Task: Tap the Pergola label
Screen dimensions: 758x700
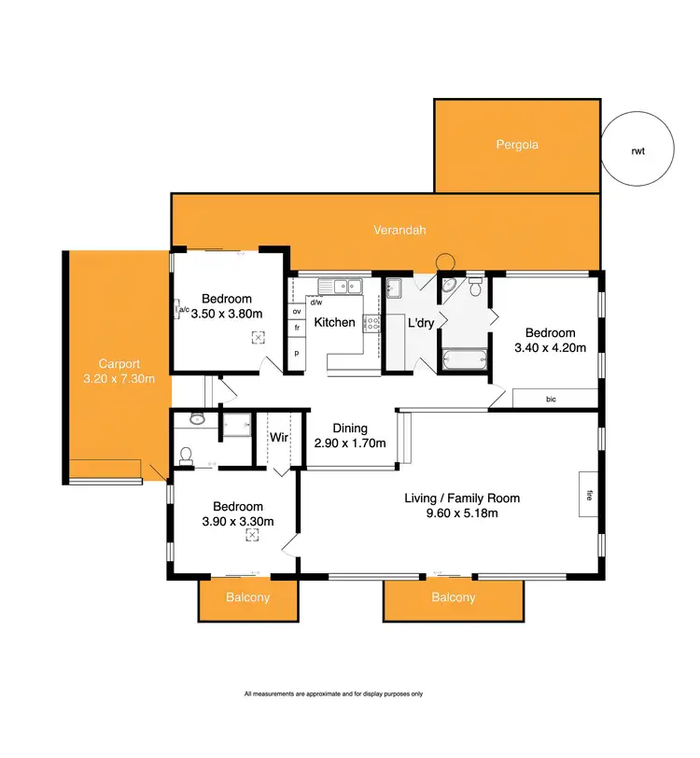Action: click(517, 145)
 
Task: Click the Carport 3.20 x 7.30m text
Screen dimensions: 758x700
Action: click(119, 372)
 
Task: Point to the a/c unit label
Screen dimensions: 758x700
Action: click(183, 310)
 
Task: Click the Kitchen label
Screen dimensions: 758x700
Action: click(334, 323)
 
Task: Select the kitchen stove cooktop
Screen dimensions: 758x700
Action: click(372, 324)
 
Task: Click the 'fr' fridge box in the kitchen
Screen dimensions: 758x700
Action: click(297, 329)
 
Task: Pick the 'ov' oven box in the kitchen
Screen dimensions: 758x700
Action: click(297, 310)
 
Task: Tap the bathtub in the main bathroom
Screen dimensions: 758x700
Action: click(464, 358)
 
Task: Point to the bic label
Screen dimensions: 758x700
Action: click(552, 399)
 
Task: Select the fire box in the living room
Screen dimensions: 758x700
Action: click(588, 495)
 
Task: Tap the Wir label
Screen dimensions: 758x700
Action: click(279, 437)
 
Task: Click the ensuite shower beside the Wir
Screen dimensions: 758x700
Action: click(237, 426)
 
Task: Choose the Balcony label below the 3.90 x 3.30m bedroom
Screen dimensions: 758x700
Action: click(249, 597)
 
